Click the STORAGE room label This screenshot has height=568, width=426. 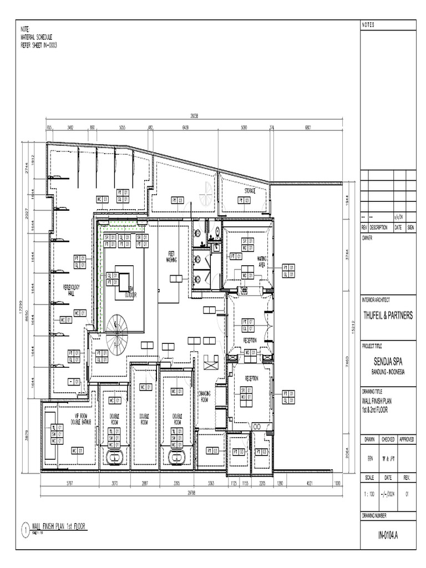250,191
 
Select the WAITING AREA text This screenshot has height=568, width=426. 262,261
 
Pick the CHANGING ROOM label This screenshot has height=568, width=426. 204,396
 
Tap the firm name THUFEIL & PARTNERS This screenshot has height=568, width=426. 388,315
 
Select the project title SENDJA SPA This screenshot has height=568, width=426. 388,363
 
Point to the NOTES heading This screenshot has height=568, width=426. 368,25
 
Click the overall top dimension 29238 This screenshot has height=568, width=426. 194,116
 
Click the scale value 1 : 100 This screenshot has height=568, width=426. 369,493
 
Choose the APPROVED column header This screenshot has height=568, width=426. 406,439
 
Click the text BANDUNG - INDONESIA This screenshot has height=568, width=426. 388,372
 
